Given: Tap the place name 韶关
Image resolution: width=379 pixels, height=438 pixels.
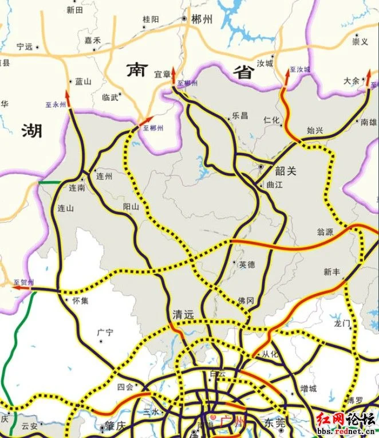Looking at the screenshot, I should pyautogui.click(x=285, y=171).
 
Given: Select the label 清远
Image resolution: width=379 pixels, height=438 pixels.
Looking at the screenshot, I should pyautogui.click(x=183, y=315).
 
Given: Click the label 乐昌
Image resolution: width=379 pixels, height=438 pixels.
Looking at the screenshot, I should pyautogui.click(x=240, y=116).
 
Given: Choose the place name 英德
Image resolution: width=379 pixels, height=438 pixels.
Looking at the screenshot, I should pyautogui.click(x=246, y=264).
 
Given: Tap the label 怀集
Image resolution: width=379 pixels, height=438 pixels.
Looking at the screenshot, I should pyautogui.click(x=80, y=300).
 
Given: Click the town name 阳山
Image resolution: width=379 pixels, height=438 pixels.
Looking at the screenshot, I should pyautogui.click(x=131, y=207).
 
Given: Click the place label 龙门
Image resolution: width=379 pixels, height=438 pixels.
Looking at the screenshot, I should pyautogui.click(x=342, y=323).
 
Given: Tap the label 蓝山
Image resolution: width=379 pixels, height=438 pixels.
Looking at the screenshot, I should pyautogui.click(x=84, y=81).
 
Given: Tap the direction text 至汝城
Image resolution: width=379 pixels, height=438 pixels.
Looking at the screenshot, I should pyautogui.click(x=299, y=69).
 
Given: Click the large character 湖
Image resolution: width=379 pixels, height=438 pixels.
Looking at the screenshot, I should pyautogui.click(x=32, y=131).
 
